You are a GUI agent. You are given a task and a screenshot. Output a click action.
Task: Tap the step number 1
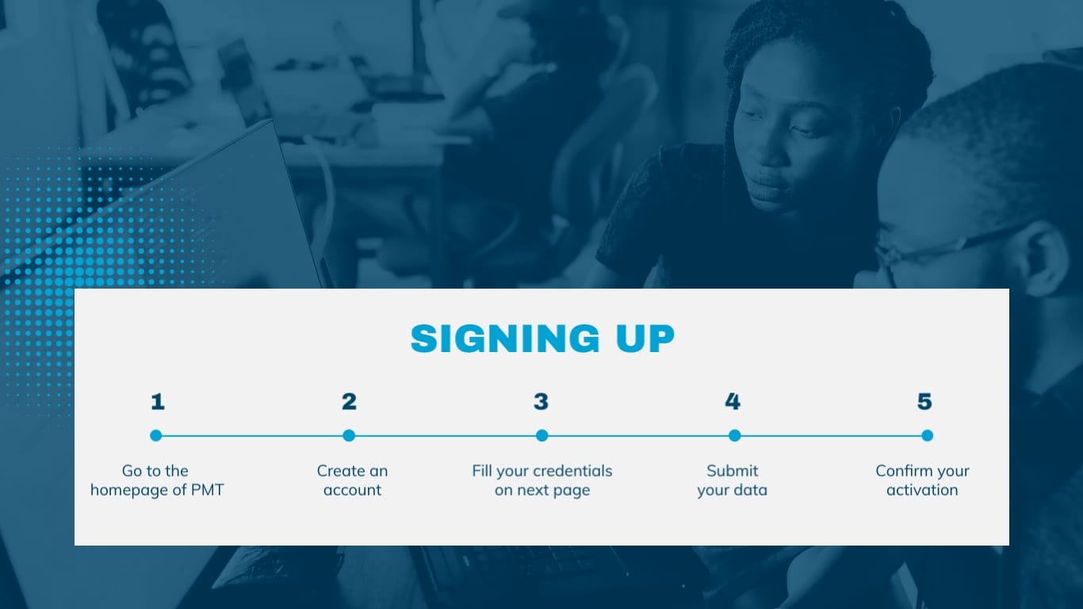click(158, 402)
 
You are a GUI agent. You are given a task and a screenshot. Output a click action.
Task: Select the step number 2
click(349, 402)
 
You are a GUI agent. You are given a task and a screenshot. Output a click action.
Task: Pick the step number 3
click(541, 402)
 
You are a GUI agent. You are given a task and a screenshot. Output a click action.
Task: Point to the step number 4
click(733, 402)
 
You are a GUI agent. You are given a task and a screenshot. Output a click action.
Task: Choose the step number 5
click(924, 402)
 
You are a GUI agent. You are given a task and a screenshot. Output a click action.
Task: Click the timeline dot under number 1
click(156, 435)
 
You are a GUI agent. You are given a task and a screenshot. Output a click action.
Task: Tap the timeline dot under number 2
click(349, 435)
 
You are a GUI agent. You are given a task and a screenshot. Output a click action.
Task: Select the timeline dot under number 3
click(541, 435)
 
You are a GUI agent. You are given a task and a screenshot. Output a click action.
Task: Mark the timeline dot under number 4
click(734, 435)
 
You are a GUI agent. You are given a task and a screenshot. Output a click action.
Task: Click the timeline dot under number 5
click(927, 435)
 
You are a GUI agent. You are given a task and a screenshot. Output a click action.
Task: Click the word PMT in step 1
click(208, 490)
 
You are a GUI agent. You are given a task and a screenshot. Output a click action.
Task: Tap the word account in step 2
click(353, 490)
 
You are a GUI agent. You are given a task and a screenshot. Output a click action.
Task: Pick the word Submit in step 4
click(733, 471)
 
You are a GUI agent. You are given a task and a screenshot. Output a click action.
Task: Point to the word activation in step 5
click(922, 490)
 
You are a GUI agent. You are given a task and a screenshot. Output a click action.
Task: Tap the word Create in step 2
click(339, 471)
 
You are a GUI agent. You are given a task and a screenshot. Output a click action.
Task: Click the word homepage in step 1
click(129, 490)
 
